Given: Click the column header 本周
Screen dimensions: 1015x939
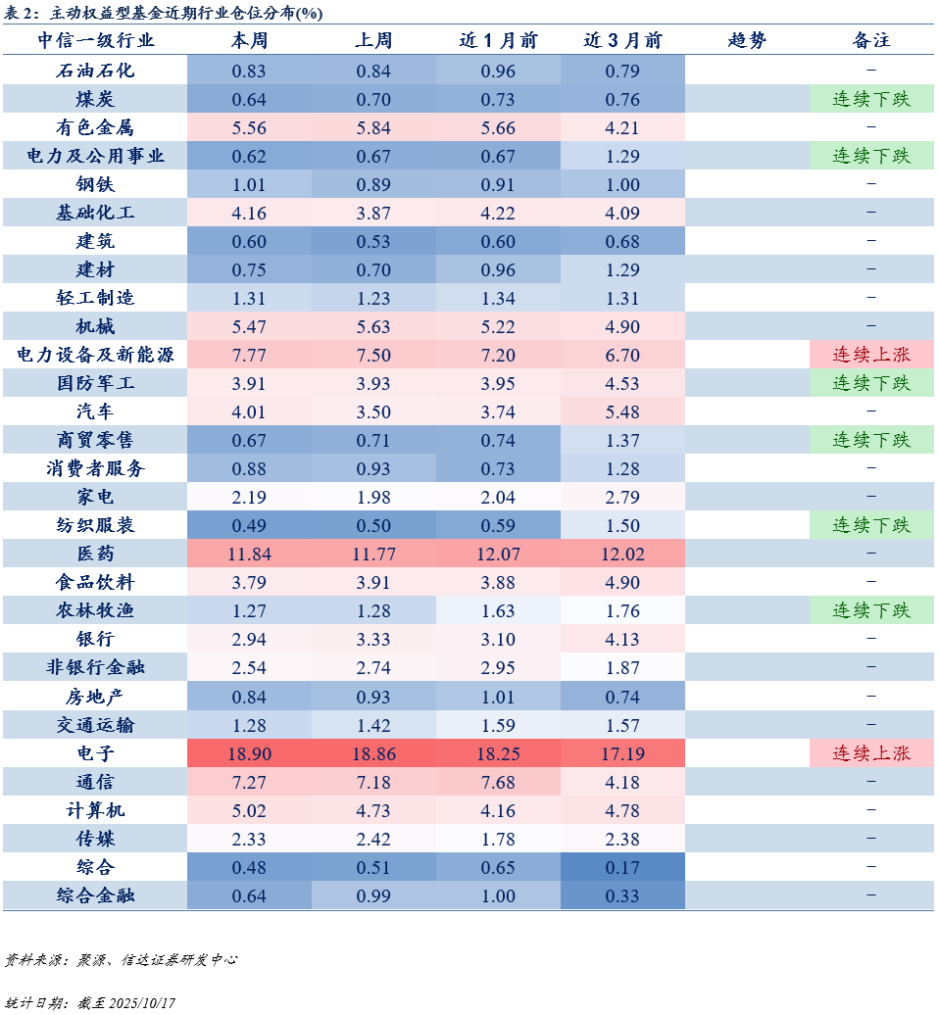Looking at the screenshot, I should [x=249, y=41].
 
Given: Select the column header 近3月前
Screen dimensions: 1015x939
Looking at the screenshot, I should [x=622, y=41].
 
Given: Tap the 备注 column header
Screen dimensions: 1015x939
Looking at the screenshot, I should [x=871, y=41].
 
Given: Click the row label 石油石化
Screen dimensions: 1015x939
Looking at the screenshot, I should [x=95, y=71].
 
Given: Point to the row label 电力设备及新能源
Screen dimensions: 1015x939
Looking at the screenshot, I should [x=95, y=355].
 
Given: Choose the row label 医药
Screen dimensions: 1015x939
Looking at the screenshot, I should [x=95, y=554].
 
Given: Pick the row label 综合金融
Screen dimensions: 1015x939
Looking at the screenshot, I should [x=95, y=894].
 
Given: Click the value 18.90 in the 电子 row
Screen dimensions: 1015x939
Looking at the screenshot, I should [x=249, y=752].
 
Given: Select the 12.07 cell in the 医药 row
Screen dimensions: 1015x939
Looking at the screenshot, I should [x=498, y=554].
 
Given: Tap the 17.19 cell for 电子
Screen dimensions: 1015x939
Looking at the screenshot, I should [x=622, y=752].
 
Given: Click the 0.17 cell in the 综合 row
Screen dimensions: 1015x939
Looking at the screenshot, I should [x=622, y=866].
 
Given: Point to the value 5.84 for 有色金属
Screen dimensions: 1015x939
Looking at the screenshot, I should [x=373, y=127].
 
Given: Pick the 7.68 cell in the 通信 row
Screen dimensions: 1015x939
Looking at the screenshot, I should [x=498, y=781].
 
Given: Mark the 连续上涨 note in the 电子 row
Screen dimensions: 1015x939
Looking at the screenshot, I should [x=871, y=752].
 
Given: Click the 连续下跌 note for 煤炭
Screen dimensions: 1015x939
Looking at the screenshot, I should [x=871, y=99].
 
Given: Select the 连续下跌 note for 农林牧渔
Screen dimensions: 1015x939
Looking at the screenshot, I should [x=871, y=610].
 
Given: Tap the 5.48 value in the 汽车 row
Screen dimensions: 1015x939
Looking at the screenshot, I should [x=622, y=411].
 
